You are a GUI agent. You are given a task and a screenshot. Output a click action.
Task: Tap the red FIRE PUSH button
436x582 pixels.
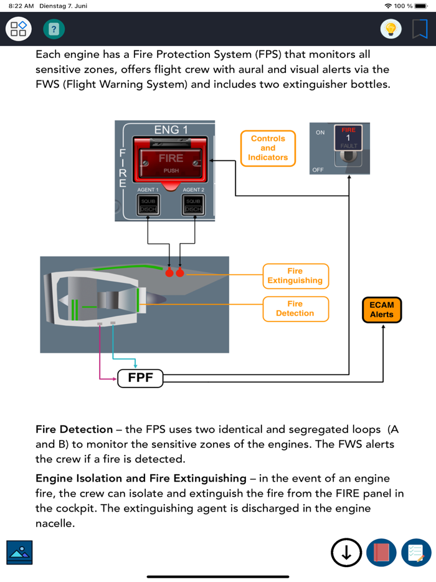point(171,162)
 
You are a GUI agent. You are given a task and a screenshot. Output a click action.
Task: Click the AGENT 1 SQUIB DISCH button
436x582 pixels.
point(148,205)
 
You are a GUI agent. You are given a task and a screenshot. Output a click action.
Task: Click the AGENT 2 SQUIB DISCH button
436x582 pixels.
point(193,205)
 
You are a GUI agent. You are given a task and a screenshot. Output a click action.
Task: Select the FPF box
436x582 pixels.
point(140,378)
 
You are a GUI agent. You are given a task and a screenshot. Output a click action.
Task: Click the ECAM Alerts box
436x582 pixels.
point(382,310)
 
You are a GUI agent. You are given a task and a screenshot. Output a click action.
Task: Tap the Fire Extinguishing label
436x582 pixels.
point(295,276)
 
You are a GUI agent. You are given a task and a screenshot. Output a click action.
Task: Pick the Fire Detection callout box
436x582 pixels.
point(295,308)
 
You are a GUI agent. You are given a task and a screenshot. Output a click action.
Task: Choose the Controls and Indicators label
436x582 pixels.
point(268,148)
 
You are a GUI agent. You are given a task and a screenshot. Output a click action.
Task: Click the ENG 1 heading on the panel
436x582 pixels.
point(171,130)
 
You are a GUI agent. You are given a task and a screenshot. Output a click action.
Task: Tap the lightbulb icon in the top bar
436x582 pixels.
point(391,29)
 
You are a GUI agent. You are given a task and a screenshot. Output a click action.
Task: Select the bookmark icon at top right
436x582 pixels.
point(420,29)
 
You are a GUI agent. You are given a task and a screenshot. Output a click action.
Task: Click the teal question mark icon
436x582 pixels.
point(54,29)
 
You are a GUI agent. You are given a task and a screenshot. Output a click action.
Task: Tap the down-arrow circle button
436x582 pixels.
point(346,552)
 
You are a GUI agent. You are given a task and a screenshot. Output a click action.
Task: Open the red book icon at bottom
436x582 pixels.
point(381,552)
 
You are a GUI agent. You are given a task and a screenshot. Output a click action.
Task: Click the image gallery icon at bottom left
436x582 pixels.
point(19,552)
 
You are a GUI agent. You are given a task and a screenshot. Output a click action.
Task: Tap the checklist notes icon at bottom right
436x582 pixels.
point(416,552)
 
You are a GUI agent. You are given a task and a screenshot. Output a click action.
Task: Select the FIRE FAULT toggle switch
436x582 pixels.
point(348,146)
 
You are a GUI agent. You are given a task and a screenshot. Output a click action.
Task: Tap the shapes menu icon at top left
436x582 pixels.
point(18,29)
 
